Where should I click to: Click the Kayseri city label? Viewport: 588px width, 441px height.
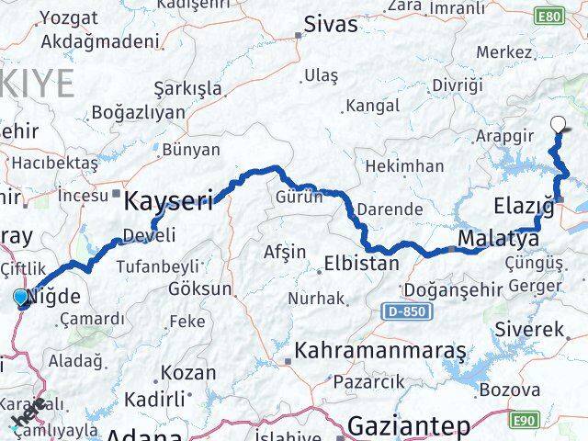pos(169,199)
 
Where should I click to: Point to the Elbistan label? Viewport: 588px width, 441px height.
pos(361,264)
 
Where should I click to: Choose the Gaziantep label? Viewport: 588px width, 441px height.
pos(409,425)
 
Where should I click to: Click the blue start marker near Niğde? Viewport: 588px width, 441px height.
pos(20,297)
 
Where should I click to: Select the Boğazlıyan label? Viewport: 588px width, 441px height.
pos(137,114)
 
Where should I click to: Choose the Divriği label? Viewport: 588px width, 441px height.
pos(457,85)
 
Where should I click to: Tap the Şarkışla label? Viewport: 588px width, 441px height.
pos(188,88)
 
